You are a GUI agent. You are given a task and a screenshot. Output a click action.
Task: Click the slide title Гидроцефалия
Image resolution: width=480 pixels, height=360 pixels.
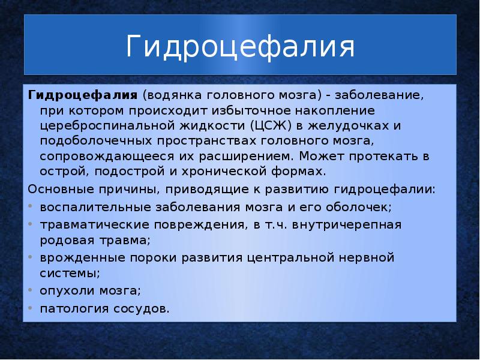[240, 47]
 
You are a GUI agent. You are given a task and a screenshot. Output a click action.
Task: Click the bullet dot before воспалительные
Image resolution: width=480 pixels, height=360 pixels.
[31, 207]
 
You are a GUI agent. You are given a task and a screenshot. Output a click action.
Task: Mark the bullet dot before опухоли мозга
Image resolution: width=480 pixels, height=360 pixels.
[31, 291]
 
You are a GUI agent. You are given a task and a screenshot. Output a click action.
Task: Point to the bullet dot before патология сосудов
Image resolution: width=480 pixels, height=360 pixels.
[31, 309]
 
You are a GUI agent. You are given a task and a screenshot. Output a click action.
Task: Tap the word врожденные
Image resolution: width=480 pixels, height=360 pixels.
[75, 257]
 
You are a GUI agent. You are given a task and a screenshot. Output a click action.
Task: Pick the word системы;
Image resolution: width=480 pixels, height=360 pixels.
[70, 273]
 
